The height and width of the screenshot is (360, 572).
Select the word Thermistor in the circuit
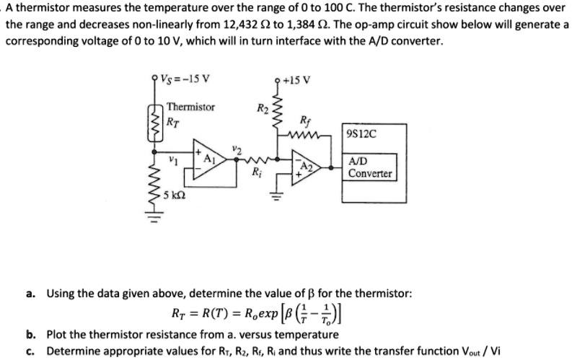point(190,107)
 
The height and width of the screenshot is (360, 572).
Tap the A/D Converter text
point(369,168)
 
